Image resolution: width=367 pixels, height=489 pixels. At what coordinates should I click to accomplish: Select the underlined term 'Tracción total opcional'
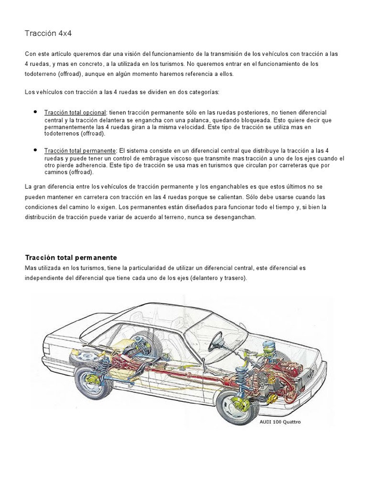[x=75, y=112]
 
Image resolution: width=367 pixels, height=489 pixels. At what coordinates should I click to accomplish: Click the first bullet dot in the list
[x=35, y=112]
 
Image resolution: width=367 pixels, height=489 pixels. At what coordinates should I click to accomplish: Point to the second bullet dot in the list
[x=35, y=150]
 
